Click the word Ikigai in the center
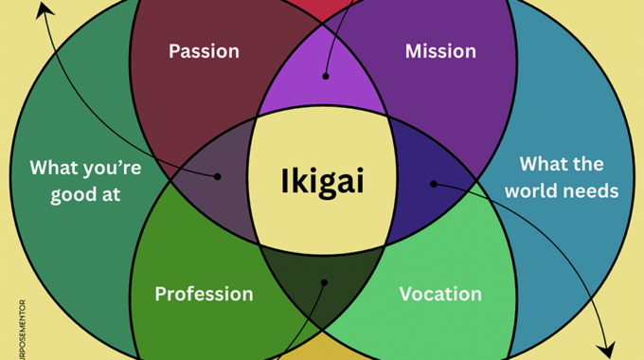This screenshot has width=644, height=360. click(322, 180)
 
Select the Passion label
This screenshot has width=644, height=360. click(204, 51)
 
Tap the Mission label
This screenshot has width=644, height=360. click(440, 51)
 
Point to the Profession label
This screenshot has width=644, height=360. click(204, 294)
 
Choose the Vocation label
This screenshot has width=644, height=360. click(440, 294)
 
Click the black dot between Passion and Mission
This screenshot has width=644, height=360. click(325, 76)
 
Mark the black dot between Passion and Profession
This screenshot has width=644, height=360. click(218, 176)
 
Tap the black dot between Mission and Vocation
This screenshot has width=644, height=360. click(433, 183)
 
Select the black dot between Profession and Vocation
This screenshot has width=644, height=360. click(324, 281)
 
